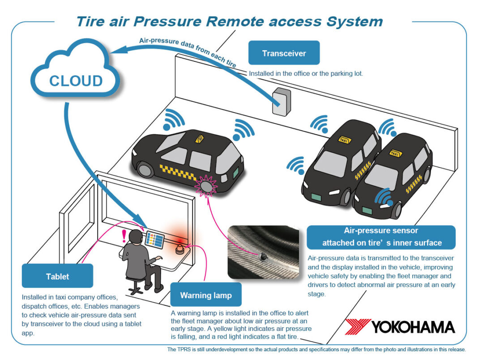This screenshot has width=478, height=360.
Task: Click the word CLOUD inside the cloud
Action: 76,81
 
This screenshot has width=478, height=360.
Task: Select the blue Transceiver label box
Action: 284,53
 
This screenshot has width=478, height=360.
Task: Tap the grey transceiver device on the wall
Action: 282,101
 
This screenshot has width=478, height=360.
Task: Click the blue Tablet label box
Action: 57,276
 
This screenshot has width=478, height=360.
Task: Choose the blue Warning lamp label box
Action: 206,295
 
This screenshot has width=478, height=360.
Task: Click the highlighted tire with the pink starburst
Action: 206,185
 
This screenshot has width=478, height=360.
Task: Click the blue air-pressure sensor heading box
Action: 381,237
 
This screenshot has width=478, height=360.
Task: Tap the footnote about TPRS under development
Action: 316,350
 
